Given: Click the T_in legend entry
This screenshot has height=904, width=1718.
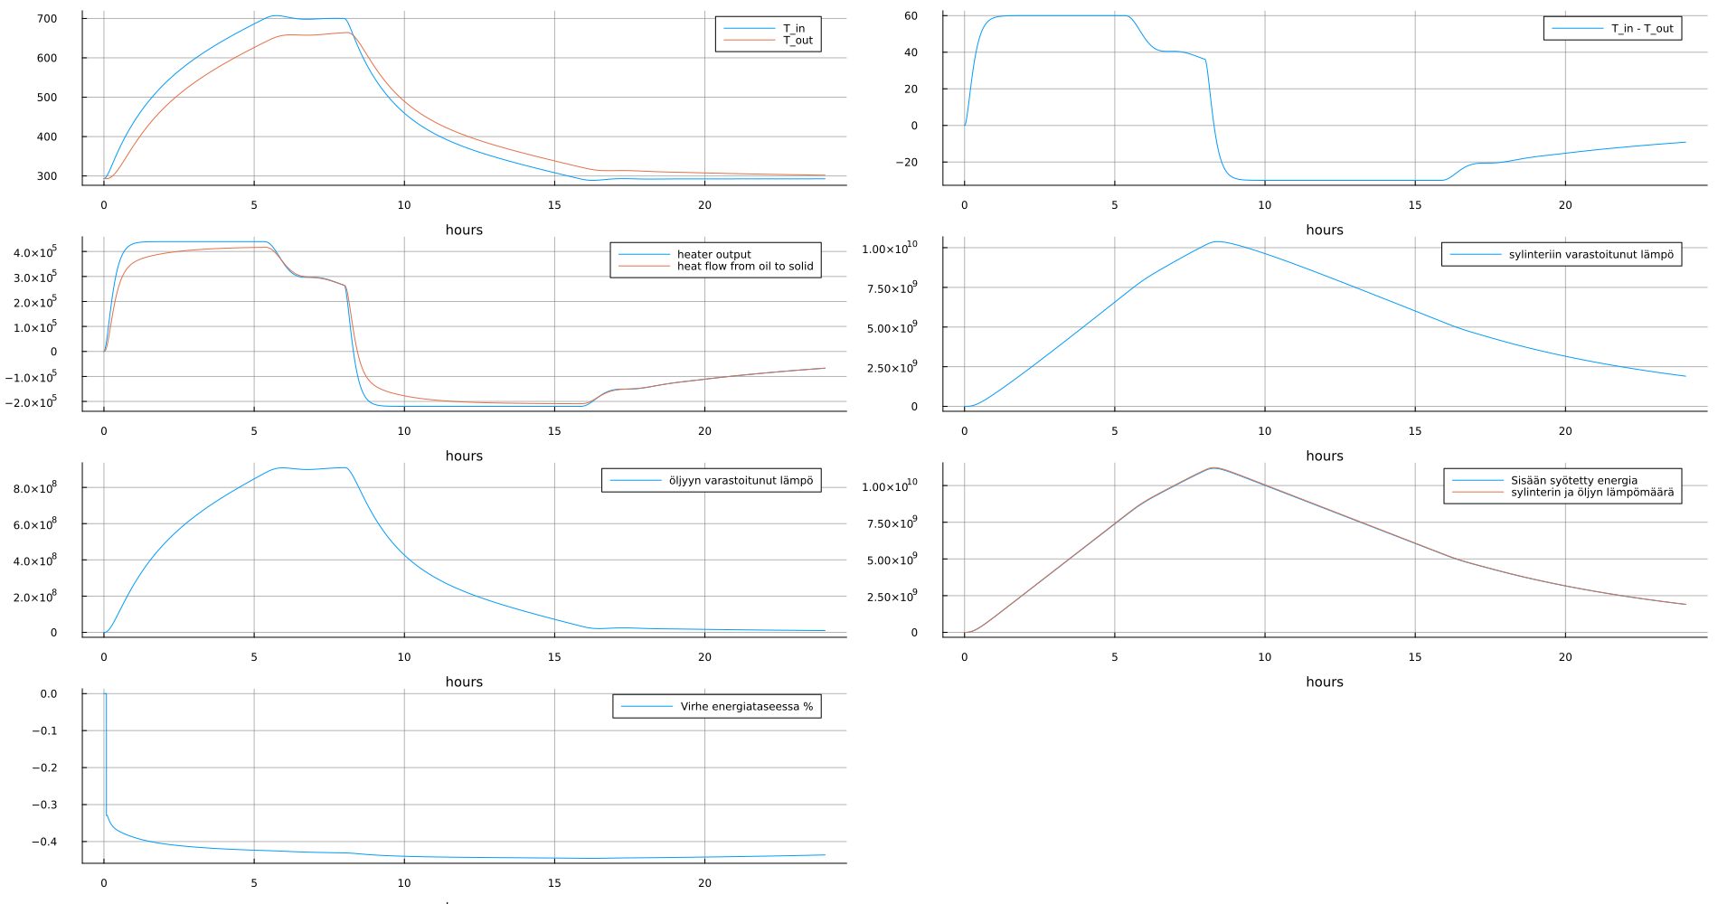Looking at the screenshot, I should tap(793, 29).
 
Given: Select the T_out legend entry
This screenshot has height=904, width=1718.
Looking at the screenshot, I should tap(797, 41).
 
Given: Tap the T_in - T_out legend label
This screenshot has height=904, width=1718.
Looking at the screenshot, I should tap(1641, 29).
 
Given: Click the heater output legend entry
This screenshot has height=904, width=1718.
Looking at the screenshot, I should tap(713, 255).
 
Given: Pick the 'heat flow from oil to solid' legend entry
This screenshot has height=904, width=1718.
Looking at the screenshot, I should tap(744, 267).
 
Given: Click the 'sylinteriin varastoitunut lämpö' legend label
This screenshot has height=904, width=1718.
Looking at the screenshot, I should tap(1591, 255).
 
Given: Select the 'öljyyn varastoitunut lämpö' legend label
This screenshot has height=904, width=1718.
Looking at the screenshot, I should tap(741, 481).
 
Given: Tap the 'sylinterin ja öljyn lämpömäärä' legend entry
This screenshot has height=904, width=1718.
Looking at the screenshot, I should tap(1591, 493).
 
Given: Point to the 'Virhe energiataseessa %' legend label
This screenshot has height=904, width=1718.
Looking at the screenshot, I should tap(746, 707).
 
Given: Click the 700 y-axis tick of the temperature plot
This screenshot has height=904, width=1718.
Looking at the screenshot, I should tap(47, 19).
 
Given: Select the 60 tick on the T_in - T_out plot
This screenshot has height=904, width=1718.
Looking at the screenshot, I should tap(911, 16).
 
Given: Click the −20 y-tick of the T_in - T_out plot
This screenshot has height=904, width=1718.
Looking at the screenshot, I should tap(906, 163).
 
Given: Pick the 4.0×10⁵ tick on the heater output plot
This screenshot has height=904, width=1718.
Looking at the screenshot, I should tap(34, 252).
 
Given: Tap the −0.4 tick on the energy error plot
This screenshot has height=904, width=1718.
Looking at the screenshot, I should tap(43, 842).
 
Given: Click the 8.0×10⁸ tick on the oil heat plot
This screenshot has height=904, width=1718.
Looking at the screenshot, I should tap(34, 488).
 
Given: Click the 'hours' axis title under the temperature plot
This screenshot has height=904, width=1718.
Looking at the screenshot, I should tap(464, 231).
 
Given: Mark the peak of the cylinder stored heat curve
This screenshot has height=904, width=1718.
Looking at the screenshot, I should tap(1218, 241).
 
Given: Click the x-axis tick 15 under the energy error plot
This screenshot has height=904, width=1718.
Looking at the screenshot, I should tap(554, 883).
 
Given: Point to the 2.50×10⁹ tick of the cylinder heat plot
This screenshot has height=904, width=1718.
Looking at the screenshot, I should tap(892, 368).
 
